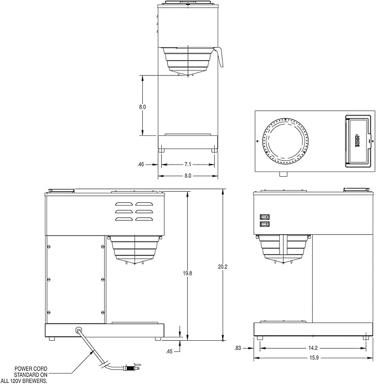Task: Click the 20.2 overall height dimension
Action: tap(223, 267)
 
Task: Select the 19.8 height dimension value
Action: tap(188, 273)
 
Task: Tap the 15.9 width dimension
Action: tap(314, 358)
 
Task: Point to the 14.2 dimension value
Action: tap(313, 348)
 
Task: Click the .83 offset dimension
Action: tap(238, 348)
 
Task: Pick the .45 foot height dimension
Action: tap(169, 351)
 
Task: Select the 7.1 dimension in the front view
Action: tap(188, 165)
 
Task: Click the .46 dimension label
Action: tap(141, 165)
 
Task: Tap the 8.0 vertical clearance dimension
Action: tap(142, 107)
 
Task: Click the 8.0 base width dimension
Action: tap(188, 176)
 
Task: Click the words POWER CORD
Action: tap(31, 368)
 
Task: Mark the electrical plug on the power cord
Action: tap(133, 367)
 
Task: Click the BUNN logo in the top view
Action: tap(357, 141)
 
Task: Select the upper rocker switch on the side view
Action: tap(265, 217)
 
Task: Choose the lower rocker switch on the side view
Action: tap(265, 224)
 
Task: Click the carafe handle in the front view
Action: tap(220, 57)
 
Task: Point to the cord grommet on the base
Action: tap(79, 330)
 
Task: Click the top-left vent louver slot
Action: tap(124, 204)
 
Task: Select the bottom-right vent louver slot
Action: tap(145, 219)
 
